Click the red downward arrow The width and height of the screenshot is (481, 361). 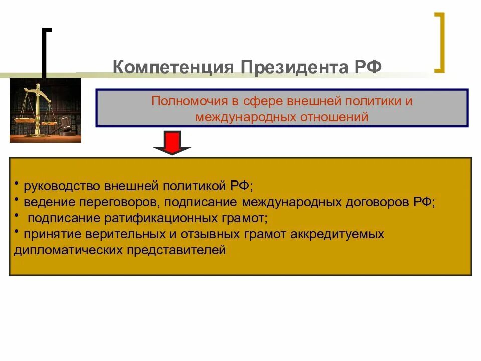172,143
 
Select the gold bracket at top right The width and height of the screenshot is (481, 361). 440,43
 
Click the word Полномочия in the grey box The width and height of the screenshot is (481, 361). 187,101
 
